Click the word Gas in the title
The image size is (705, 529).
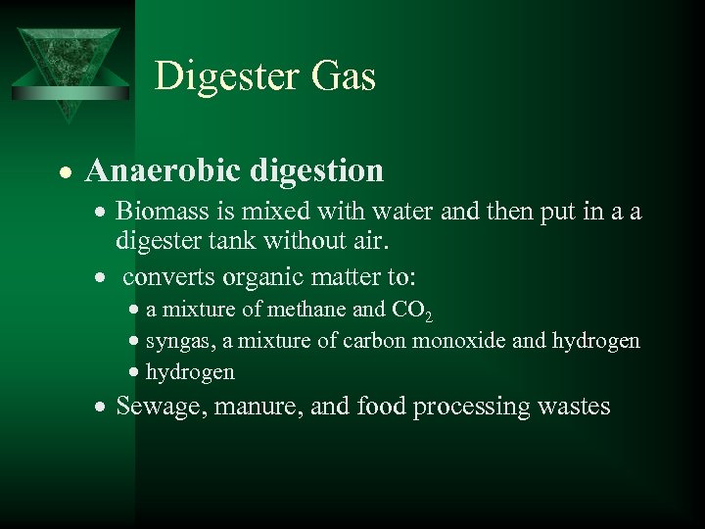(x=343, y=76)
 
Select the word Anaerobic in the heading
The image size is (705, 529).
(x=162, y=171)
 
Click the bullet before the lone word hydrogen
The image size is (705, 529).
(x=134, y=372)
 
